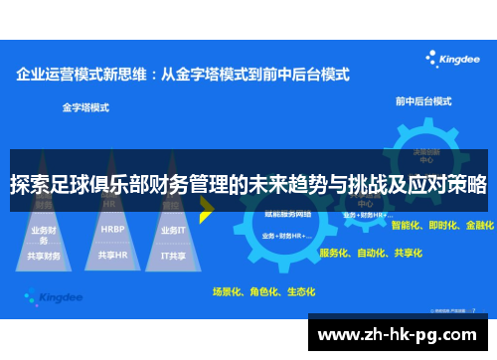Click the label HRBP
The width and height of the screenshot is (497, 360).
click(x=112, y=228)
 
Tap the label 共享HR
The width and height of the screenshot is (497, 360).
click(x=112, y=255)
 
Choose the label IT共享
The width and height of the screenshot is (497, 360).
click(x=174, y=255)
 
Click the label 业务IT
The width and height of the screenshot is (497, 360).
click(x=173, y=228)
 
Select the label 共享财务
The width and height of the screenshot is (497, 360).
click(x=45, y=256)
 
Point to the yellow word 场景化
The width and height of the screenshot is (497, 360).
click(x=228, y=291)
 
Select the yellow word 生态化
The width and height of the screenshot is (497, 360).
click(x=300, y=291)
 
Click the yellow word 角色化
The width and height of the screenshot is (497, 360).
click(x=263, y=291)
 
